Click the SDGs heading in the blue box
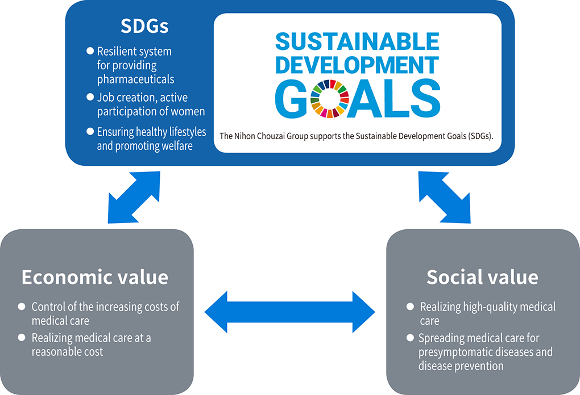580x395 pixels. click(144, 26)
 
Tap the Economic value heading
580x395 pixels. click(95, 278)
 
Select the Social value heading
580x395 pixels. click(482, 278)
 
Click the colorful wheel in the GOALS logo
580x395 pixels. click(330, 99)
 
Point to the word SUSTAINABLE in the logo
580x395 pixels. click(357, 41)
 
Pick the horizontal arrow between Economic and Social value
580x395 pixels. click(289, 312)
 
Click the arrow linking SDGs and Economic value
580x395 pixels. click(134, 197)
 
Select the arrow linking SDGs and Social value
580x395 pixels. click(445, 197)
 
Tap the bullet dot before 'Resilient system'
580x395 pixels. click(90, 51)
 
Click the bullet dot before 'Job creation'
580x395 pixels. click(90, 96)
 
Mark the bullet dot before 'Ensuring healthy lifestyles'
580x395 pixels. click(90, 131)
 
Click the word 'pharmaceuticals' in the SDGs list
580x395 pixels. click(135, 79)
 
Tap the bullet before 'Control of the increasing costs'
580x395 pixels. click(22, 306)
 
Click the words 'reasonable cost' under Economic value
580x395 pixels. click(67, 352)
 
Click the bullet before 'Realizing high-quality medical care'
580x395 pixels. click(410, 306)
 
